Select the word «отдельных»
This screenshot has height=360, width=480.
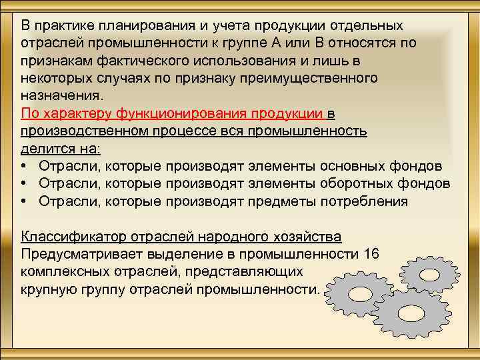(370, 26)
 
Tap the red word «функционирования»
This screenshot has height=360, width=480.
(179, 113)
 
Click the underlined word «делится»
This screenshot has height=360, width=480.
(44, 147)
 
